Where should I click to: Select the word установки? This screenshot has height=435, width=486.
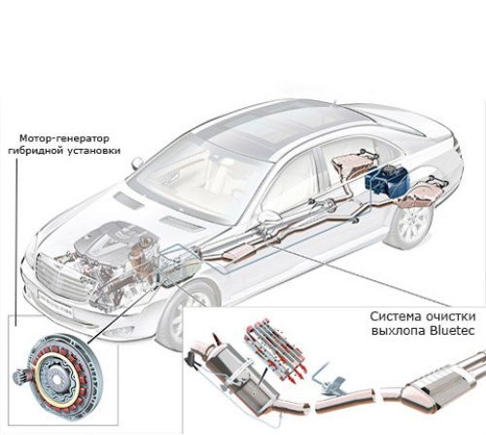(x=94, y=151)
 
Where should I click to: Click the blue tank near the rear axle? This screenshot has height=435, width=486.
(x=386, y=180)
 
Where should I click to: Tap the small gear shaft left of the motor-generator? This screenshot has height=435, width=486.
(x=20, y=377)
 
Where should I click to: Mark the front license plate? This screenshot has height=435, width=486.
(x=56, y=304)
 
